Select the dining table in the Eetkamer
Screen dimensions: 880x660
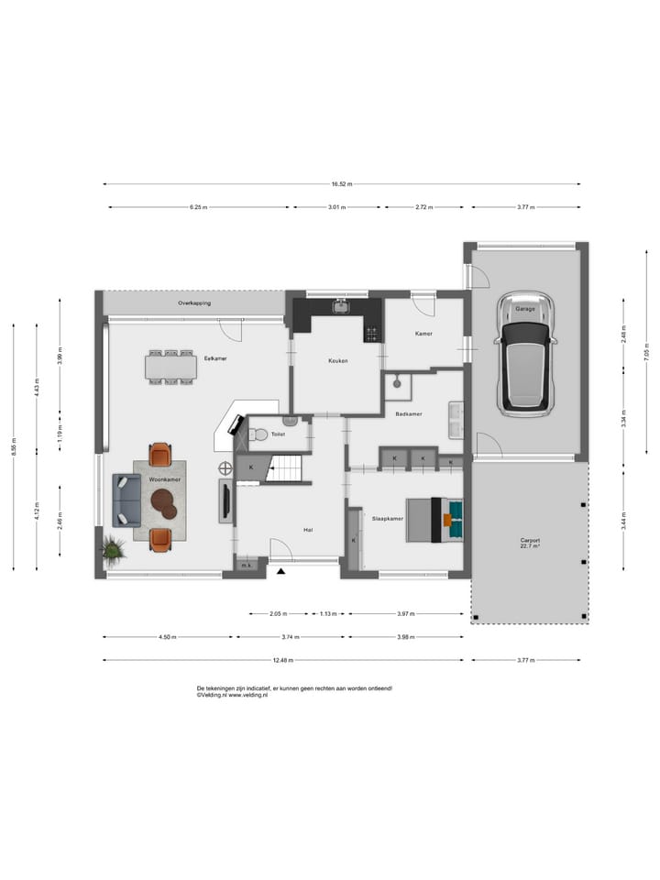pos(171,368)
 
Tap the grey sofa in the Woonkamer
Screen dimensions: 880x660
pos(126,500)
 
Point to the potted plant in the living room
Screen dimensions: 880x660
pos(114,549)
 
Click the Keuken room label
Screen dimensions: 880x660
pos(337,361)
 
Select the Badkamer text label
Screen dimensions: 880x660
pos(409,414)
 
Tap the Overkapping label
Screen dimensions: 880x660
pos(195,302)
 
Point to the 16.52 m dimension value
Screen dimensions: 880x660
pos(341,183)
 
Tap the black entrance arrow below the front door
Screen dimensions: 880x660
pos(281,571)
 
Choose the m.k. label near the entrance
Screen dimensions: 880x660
pos(246,566)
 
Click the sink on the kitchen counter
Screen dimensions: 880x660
pos(341,306)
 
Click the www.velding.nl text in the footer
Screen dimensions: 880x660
pos(247,695)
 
